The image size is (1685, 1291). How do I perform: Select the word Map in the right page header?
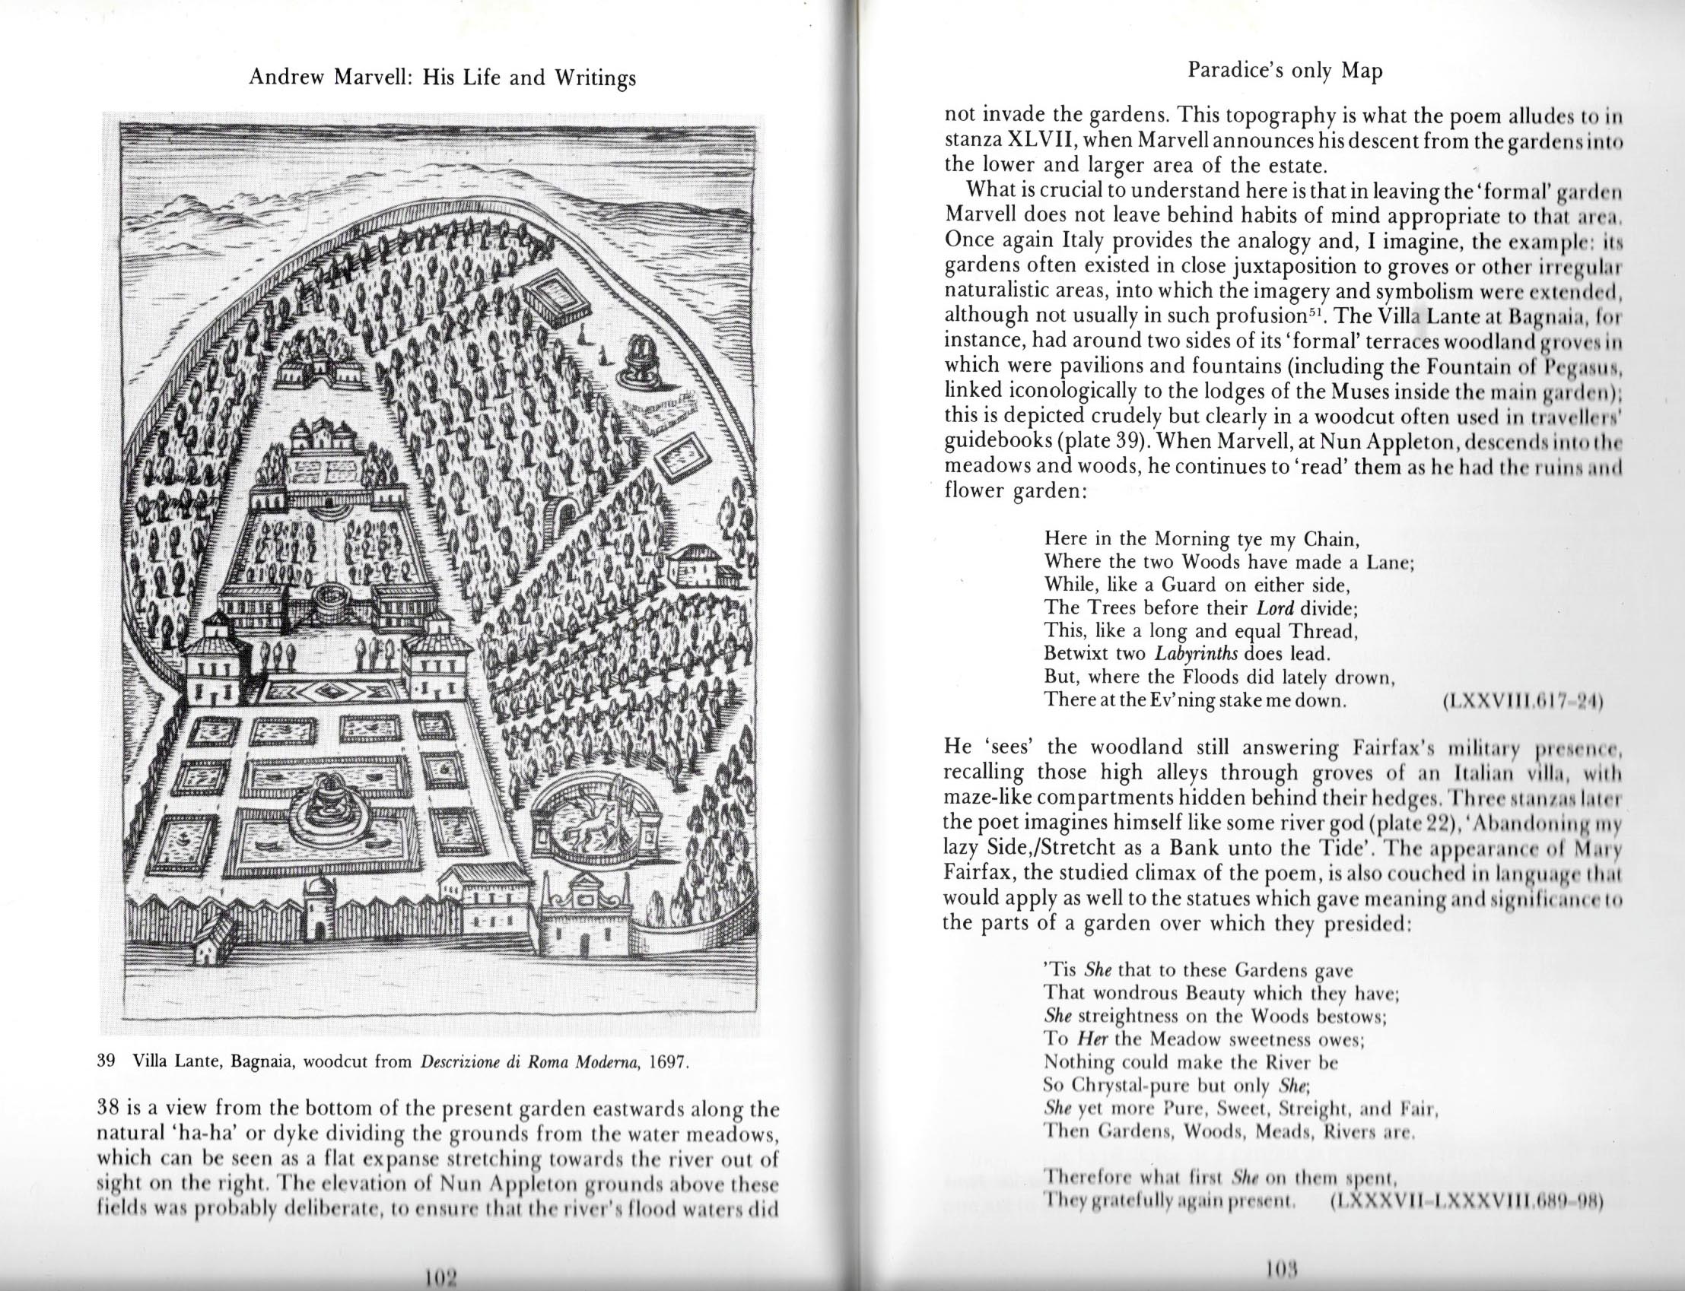[1362, 71]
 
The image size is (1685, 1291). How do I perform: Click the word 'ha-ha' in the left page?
[207, 1134]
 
